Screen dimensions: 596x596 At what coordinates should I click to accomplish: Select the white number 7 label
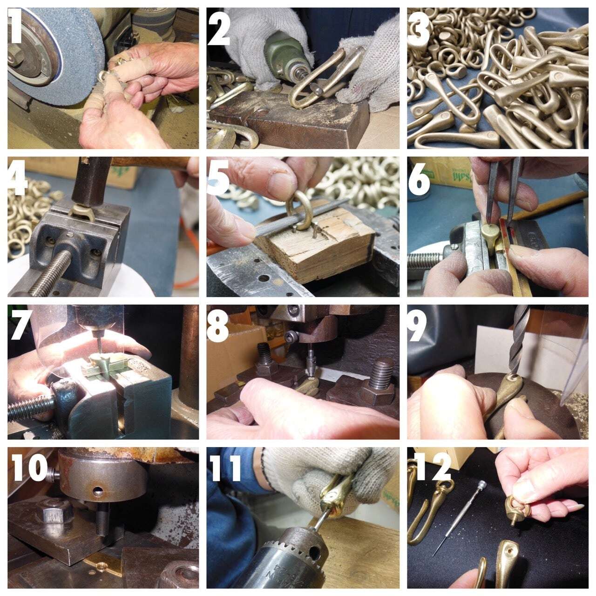coord(20,325)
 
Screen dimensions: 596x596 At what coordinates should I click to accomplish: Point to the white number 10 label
coord(30,469)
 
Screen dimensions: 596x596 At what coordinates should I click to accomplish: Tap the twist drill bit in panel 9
coord(515,340)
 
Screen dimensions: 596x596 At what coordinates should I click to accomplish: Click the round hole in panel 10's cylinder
coord(98,490)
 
